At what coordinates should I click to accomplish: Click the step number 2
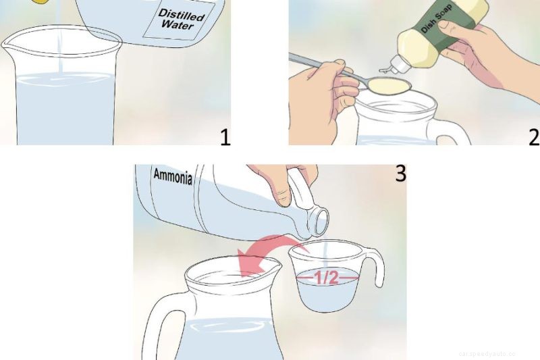click(533, 137)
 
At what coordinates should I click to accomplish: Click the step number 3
click(400, 174)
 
